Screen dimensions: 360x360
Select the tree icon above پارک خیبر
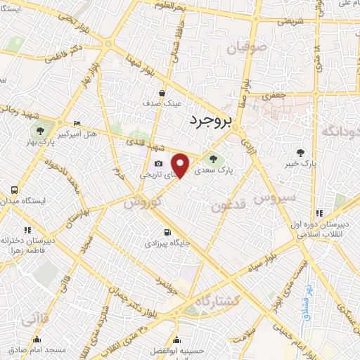[x=301, y=153]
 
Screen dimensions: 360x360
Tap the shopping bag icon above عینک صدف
[x=162, y=92]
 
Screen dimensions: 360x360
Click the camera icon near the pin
[x=158, y=164]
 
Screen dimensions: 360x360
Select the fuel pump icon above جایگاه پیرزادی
[x=166, y=233]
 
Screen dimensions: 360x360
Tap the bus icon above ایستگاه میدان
[x=13, y=191]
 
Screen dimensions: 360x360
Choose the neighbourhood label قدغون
[x=228, y=206]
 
